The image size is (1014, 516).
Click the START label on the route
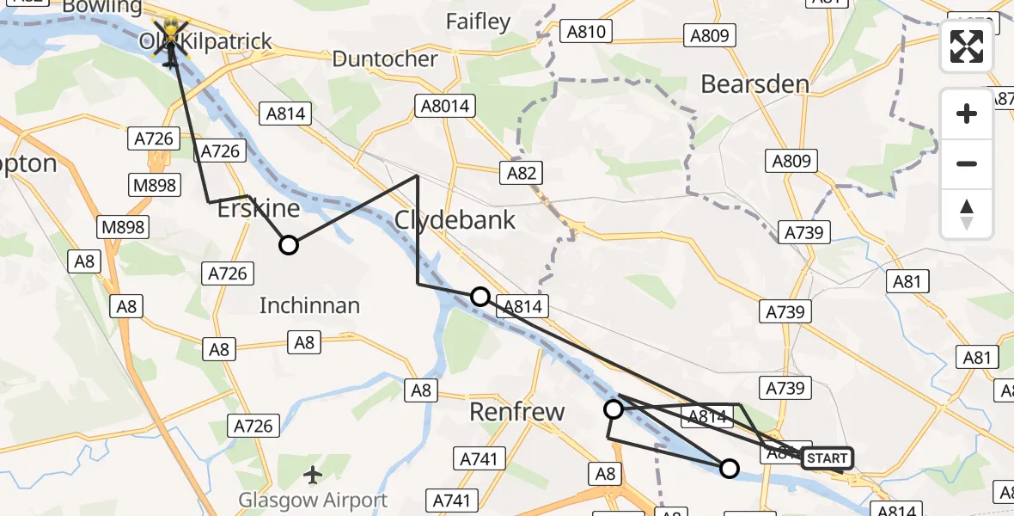point(827,458)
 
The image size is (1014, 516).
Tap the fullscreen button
point(967,46)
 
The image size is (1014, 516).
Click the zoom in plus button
point(967,114)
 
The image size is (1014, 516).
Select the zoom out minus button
point(967,163)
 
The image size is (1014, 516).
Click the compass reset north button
point(967,214)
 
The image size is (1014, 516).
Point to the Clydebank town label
point(455,220)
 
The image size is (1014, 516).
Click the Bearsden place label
point(755,84)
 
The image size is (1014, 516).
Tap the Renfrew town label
point(517,412)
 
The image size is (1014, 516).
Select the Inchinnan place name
point(309,305)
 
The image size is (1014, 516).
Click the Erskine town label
point(259,209)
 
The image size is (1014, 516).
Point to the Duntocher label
point(384,59)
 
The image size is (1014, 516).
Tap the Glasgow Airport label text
point(313,500)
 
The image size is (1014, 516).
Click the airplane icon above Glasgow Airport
point(313,474)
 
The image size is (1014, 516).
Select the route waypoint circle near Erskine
point(289,245)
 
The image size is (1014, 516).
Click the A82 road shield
point(521,173)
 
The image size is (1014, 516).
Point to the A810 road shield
point(587,33)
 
